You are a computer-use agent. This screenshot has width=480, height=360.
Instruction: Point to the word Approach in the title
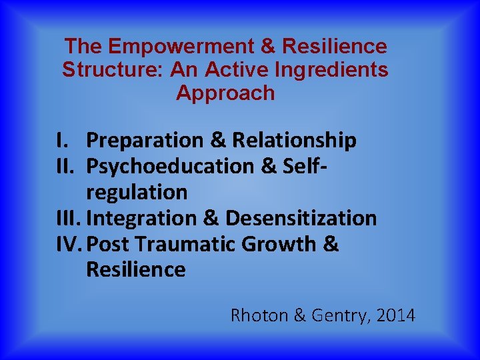pos(225,93)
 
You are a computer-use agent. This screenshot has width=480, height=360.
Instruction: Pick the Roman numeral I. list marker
pos(63,141)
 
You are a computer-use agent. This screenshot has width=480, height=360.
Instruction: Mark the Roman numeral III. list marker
pos(69,218)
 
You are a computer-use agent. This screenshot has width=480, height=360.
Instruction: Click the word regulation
pos(137,193)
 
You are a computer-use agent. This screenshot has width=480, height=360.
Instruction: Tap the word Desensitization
pos(301,218)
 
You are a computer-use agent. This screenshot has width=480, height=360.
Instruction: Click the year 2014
pos(395,315)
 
